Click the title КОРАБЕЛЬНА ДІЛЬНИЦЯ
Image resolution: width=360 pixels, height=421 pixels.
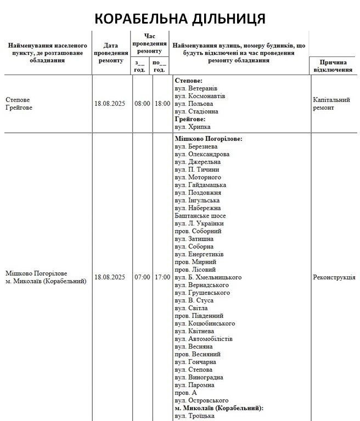(x=180, y=19)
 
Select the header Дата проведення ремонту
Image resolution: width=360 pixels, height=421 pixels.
(x=111, y=53)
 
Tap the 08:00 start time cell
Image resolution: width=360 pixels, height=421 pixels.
(x=142, y=104)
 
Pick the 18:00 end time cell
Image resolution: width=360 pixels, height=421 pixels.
(x=162, y=104)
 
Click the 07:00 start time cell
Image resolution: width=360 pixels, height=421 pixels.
(x=142, y=277)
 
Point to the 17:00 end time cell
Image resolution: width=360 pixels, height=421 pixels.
(x=162, y=277)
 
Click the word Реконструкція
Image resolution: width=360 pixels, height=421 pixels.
(x=334, y=277)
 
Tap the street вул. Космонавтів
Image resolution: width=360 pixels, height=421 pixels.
(x=200, y=96)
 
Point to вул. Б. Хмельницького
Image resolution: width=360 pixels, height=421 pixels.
(x=208, y=277)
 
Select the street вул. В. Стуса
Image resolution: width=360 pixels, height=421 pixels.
(x=194, y=300)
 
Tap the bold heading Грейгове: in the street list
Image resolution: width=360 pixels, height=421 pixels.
(x=189, y=119)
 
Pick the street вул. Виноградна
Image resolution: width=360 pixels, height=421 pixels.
(x=199, y=377)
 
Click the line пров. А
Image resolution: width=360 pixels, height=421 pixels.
(x=185, y=393)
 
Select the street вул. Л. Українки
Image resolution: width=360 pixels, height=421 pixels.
(x=199, y=224)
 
